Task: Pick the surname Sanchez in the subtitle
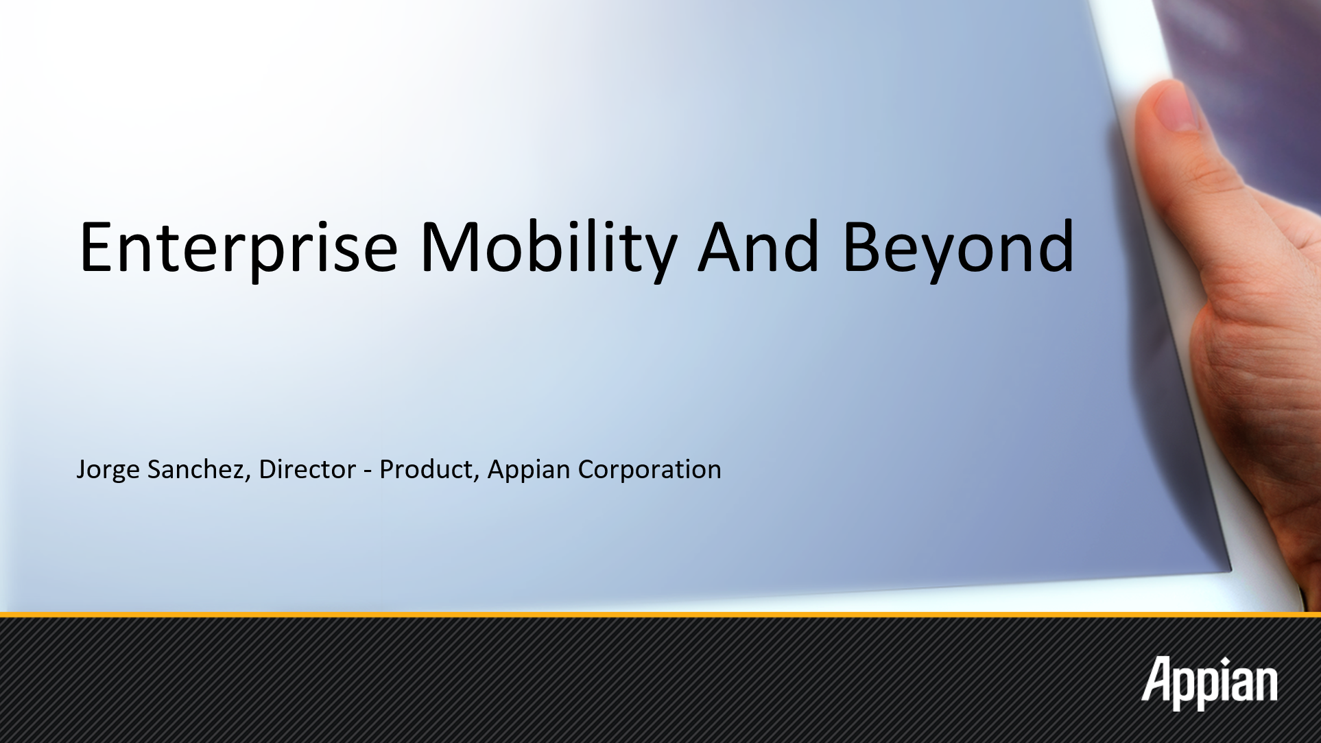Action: tap(199, 470)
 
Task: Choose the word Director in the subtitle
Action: tap(307, 469)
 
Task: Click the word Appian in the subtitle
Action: tap(529, 471)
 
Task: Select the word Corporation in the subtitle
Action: tap(650, 471)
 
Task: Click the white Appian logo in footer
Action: tap(1209, 684)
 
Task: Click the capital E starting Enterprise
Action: tap(97, 246)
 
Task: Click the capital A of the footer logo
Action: tap(1158, 679)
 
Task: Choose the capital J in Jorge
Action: tap(81, 470)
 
